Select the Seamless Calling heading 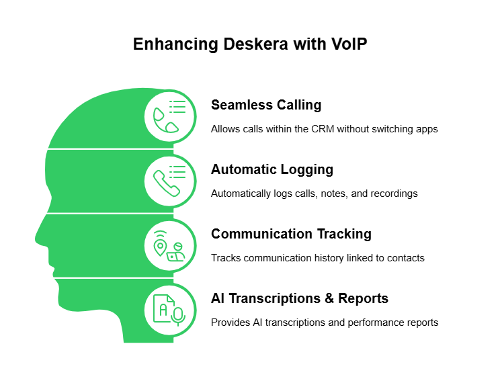point(266,105)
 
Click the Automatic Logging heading point(272,169)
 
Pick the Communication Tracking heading point(291,234)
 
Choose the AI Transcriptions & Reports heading point(299,298)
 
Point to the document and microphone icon point(170,310)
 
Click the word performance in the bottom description point(380,322)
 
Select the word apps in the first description point(427,129)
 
